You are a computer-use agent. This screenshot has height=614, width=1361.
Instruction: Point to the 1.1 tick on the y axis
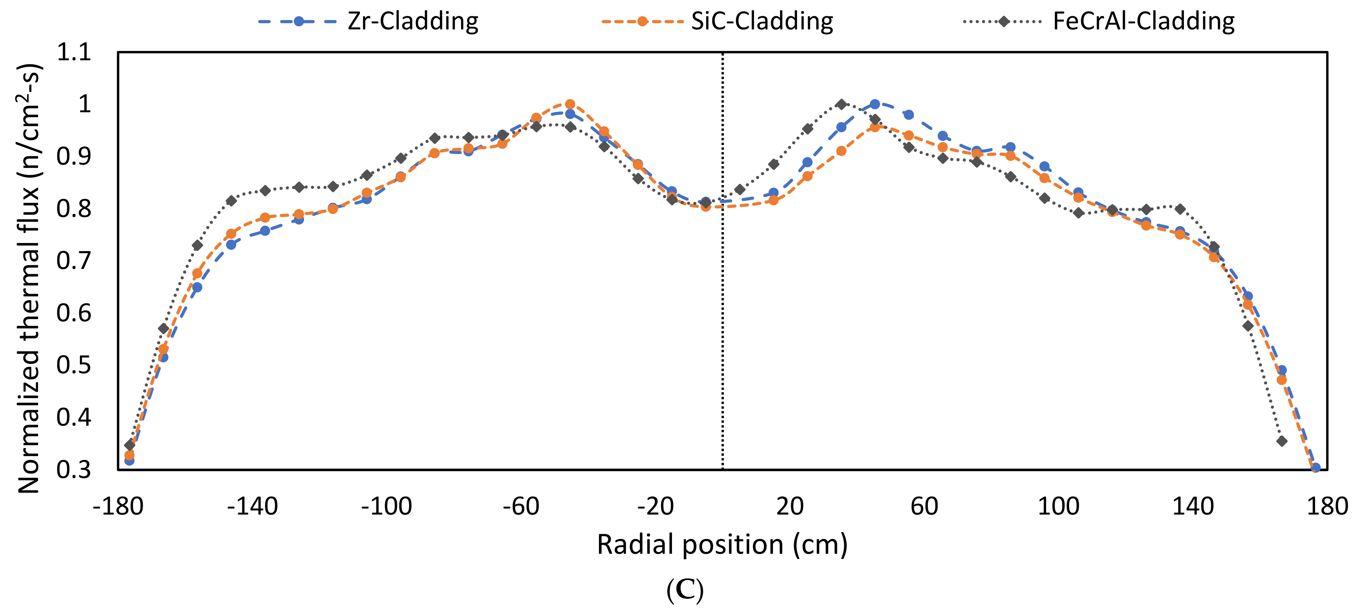(x=74, y=52)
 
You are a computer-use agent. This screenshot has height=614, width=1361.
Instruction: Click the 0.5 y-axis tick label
(x=74, y=365)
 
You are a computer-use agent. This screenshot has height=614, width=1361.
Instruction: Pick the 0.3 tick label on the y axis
(x=74, y=470)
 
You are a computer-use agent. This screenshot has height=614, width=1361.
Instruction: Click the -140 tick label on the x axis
(x=252, y=507)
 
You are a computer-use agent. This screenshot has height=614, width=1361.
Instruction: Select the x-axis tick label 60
(x=924, y=507)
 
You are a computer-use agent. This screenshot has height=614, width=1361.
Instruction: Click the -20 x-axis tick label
(x=655, y=507)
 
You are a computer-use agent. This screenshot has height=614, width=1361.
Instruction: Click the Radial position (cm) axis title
(x=722, y=544)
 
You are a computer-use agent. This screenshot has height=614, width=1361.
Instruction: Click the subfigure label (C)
(x=685, y=590)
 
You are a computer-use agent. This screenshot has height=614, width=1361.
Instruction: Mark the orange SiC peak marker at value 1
(x=570, y=104)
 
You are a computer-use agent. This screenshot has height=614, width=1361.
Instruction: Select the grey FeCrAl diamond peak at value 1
(x=842, y=104)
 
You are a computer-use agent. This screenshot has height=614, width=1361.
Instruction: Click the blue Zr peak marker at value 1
(x=875, y=104)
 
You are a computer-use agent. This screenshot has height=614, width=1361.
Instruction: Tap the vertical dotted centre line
(x=722, y=317)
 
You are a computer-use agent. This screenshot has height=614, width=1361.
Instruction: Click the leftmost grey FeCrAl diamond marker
(x=130, y=445)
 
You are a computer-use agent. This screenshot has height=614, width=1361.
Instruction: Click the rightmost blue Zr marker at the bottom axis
(x=1315, y=467)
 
